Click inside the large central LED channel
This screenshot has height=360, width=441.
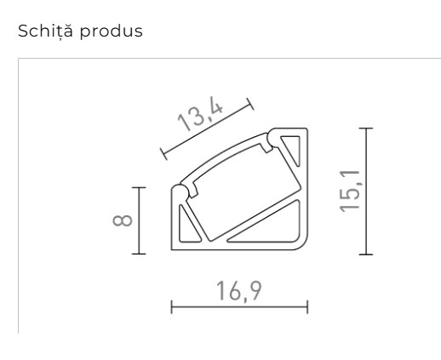pyautogui.click(x=241, y=182)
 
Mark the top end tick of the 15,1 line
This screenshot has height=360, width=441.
pyautogui.click(x=366, y=129)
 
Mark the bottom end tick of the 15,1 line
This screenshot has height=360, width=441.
pyautogui.click(x=366, y=254)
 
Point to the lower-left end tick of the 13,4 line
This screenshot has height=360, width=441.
pyautogui.click(x=163, y=154)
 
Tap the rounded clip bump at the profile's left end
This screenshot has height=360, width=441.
pyautogui.click(x=180, y=189)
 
